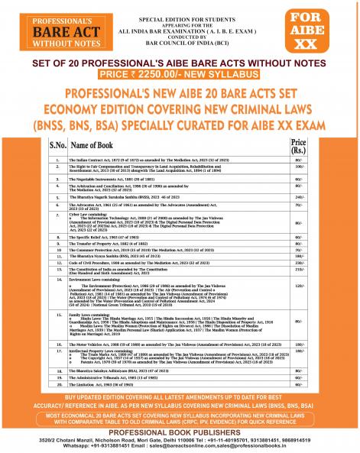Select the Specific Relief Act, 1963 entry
pos(115,259)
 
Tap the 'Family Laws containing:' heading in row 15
pos(99,335)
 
